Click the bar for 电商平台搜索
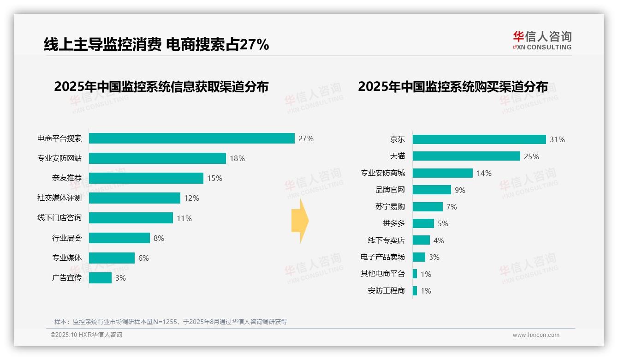tap(191, 138)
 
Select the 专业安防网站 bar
tap(157, 158)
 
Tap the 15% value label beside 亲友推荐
tap(214, 178)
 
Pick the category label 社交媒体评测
tap(59, 198)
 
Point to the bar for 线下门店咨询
tap(131, 218)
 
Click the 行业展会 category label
tap(67, 238)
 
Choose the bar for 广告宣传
tap(100, 278)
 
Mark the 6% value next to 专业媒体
tap(143, 258)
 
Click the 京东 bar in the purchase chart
tap(479, 139)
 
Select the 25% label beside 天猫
tap(531, 156)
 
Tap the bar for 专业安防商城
tap(442, 173)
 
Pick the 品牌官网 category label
tap(390, 190)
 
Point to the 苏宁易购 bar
tap(428, 207)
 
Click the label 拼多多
tap(393, 223)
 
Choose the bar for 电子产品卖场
tap(419, 257)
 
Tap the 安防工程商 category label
tap(386, 291)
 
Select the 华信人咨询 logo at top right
tap(542, 40)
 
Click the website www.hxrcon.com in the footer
tap(536, 335)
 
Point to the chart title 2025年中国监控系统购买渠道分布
tap(453, 87)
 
